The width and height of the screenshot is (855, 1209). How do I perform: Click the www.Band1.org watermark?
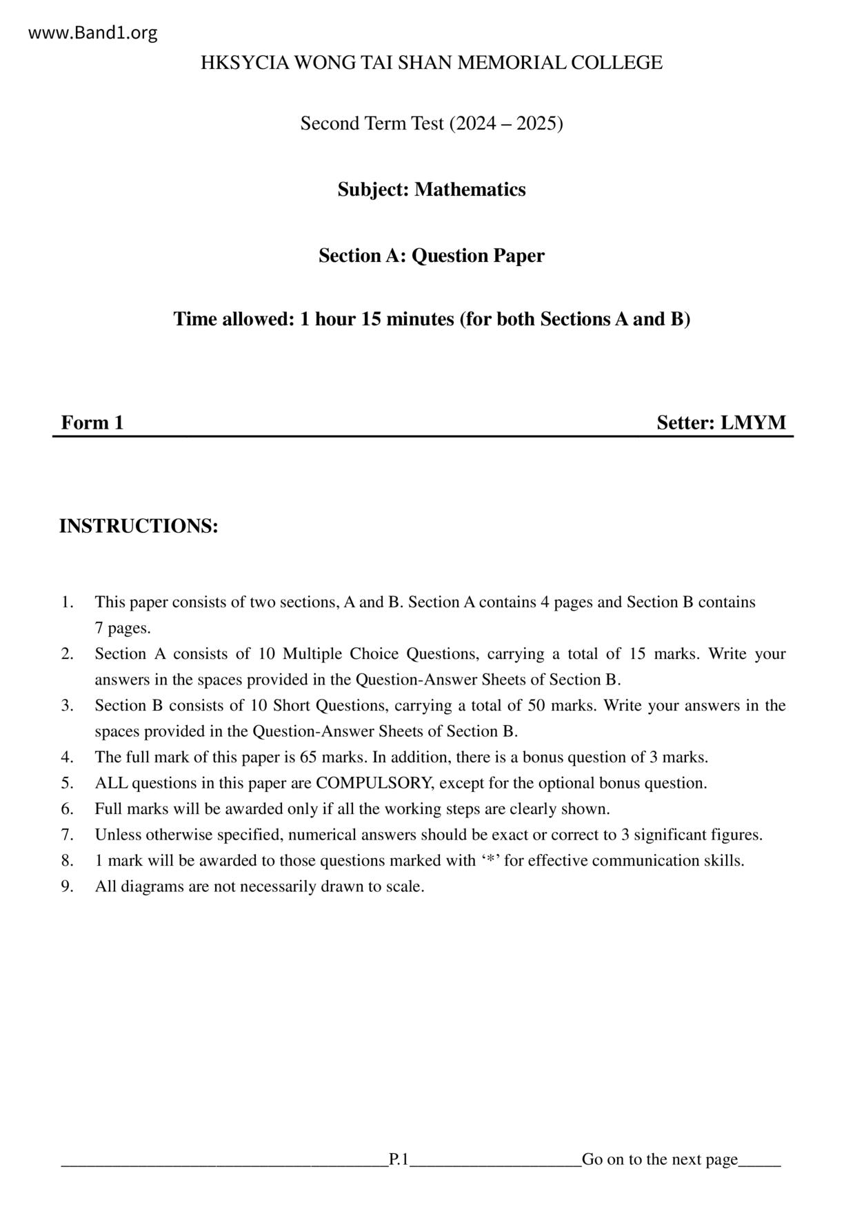point(93,33)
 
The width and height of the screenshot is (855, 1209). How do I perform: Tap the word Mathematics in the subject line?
point(470,190)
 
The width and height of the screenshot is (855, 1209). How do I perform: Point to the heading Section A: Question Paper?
point(431,256)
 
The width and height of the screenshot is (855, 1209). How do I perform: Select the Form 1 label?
point(92,423)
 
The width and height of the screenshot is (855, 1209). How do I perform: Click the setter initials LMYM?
point(753,423)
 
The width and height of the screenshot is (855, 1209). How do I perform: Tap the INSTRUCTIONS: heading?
point(139,526)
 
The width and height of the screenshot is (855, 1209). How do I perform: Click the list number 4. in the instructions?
point(67,757)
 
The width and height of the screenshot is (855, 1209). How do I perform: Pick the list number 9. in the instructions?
point(67,886)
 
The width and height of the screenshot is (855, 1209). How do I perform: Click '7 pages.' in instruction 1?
point(123,628)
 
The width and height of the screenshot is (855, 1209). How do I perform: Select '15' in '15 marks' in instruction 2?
point(637,653)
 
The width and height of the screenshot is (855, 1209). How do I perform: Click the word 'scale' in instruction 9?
point(405,886)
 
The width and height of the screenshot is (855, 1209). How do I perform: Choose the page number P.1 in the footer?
point(399,1159)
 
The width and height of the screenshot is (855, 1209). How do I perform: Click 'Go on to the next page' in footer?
point(660,1159)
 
